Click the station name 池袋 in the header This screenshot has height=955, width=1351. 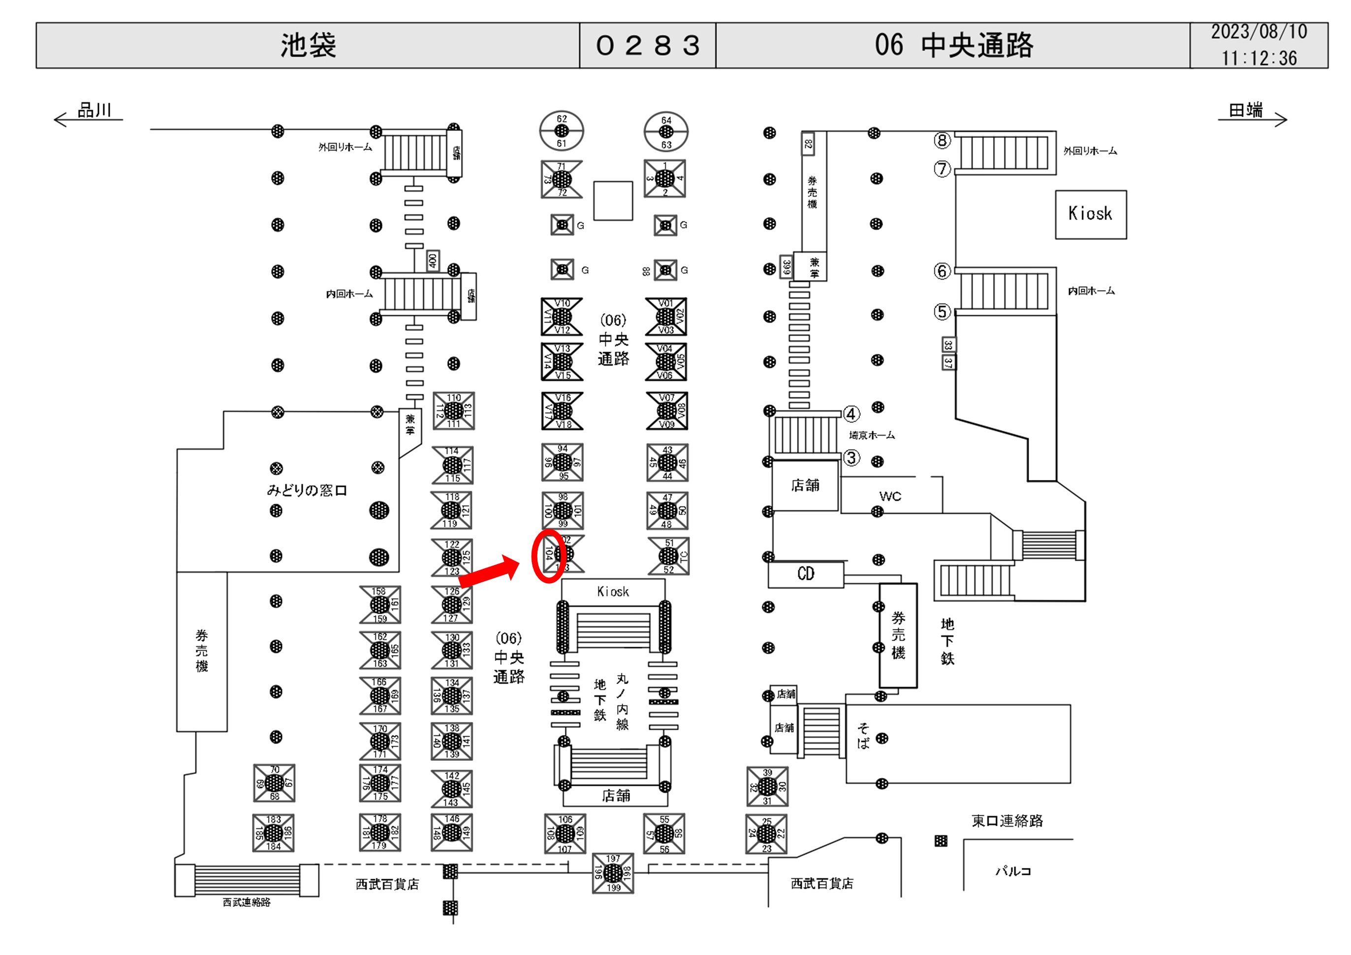pyautogui.click(x=308, y=45)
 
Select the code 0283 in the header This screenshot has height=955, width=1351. pyautogui.click(x=648, y=45)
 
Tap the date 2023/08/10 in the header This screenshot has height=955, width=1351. pyautogui.click(x=1258, y=32)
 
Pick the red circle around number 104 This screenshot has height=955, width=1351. pyautogui.click(x=548, y=556)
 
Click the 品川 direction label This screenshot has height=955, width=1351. pyautogui.click(x=94, y=111)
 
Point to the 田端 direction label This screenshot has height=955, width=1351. pyautogui.click(x=1246, y=111)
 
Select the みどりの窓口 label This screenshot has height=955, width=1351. pyautogui.click(x=307, y=490)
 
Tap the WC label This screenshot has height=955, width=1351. pyautogui.click(x=890, y=496)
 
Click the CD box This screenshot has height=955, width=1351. pyautogui.click(x=806, y=574)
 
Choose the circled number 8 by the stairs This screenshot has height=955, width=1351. pyautogui.click(x=942, y=141)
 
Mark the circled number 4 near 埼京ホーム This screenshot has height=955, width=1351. pyautogui.click(x=851, y=414)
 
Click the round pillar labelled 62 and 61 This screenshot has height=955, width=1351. pyautogui.click(x=562, y=130)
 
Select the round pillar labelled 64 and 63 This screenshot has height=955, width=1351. pyautogui.click(x=666, y=132)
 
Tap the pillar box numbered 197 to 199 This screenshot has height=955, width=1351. pyautogui.click(x=613, y=873)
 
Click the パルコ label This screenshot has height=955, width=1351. pyautogui.click(x=1013, y=871)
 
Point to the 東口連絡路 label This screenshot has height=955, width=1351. pyautogui.click(x=1007, y=821)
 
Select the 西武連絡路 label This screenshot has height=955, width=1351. pyautogui.click(x=247, y=902)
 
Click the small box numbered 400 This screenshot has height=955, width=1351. pyautogui.click(x=433, y=261)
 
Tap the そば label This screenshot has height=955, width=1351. pyautogui.click(x=863, y=736)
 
